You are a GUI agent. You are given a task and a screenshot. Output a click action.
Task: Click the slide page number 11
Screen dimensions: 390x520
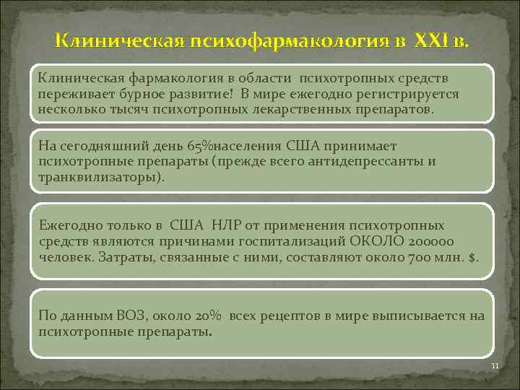pyautogui.click(x=495, y=366)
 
